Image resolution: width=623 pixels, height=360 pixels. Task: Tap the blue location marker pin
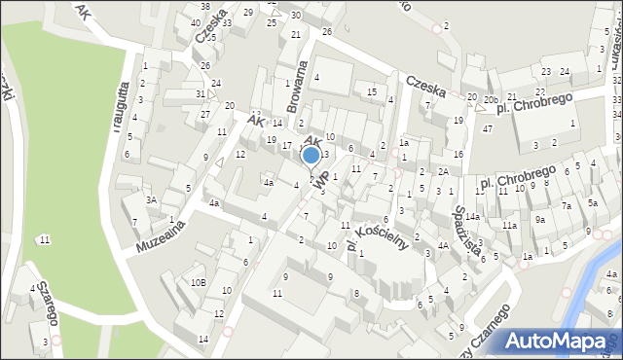click(x=311, y=156)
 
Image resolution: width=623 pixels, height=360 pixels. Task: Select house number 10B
click(x=198, y=282)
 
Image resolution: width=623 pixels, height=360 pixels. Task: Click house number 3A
click(x=151, y=199)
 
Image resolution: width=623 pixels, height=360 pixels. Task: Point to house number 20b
click(x=491, y=99)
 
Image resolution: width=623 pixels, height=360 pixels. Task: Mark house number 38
click(x=205, y=7)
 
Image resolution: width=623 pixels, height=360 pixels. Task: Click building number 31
click(x=200, y=94)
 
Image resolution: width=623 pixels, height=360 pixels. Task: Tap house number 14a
click(x=471, y=216)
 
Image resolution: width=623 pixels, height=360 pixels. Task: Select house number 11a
click(x=509, y=226)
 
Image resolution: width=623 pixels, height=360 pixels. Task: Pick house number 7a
click(x=566, y=205)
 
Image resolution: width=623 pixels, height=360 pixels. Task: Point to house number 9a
click(x=539, y=219)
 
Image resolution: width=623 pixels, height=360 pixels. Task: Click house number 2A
click(x=442, y=171)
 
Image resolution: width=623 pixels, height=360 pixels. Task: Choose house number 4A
click(x=442, y=245)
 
